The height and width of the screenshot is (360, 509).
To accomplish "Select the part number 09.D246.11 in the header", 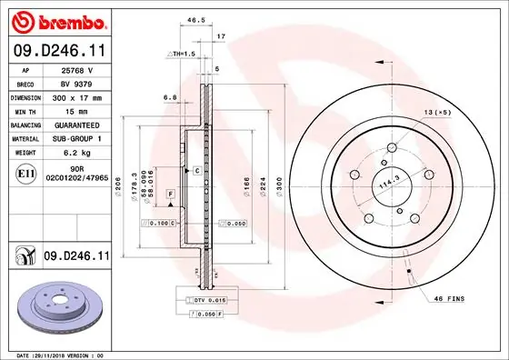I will point(61,54).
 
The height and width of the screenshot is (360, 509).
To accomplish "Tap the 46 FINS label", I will point(450,298).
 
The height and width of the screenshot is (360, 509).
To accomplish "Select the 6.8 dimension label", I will point(169,97).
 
